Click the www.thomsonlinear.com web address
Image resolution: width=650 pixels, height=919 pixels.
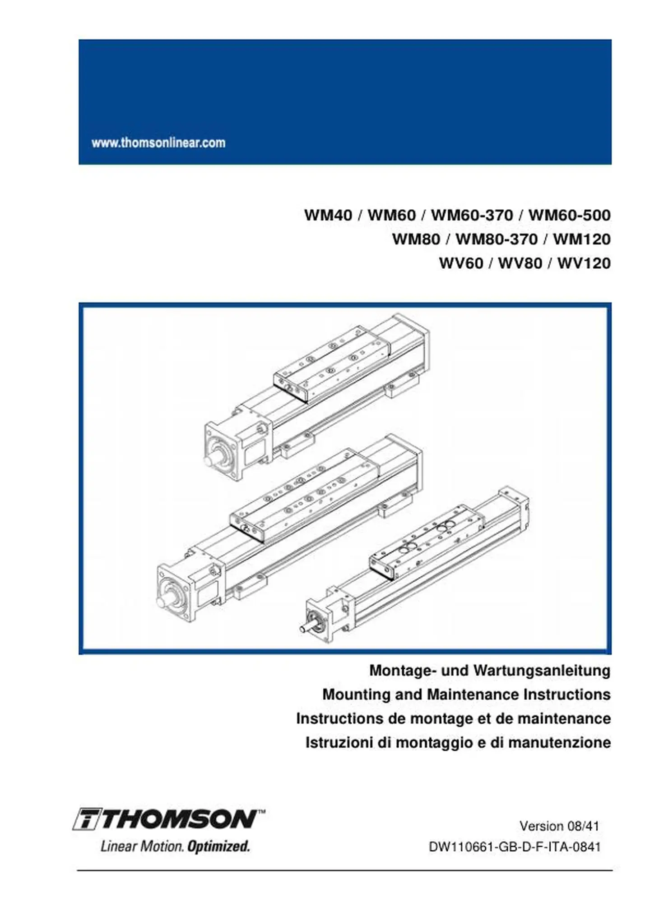(x=158, y=143)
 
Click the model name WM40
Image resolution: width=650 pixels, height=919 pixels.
(x=328, y=215)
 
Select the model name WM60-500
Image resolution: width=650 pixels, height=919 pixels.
(x=569, y=215)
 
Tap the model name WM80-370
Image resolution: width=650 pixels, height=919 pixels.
(x=496, y=239)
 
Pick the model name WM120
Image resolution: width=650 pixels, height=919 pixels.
(x=581, y=239)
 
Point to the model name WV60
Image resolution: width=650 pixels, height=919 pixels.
(x=461, y=262)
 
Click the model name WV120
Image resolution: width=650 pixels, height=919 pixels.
(x=584, y=262)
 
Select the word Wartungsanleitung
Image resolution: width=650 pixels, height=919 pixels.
(x=542, y=671)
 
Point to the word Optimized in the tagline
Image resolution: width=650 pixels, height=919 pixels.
(x=218, y=846)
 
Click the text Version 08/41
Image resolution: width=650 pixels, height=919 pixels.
(x=559, y=826)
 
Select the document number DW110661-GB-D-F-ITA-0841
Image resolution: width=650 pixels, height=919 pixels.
(x=515, y=847)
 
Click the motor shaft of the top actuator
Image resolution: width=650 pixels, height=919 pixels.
(x=211, y=460)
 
